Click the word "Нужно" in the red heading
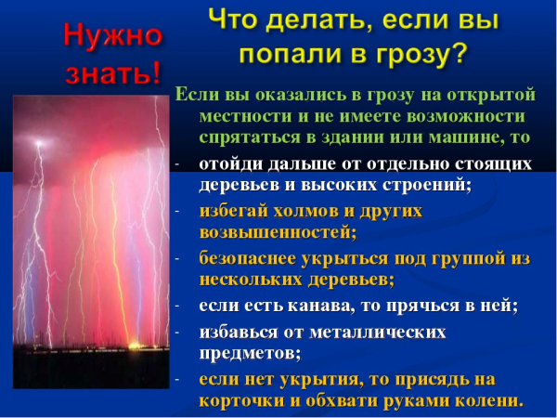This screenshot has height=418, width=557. [x=112, y=35]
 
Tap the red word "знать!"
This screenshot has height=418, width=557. [x=112, y=72]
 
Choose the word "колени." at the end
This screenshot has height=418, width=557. [x=488, y=400]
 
